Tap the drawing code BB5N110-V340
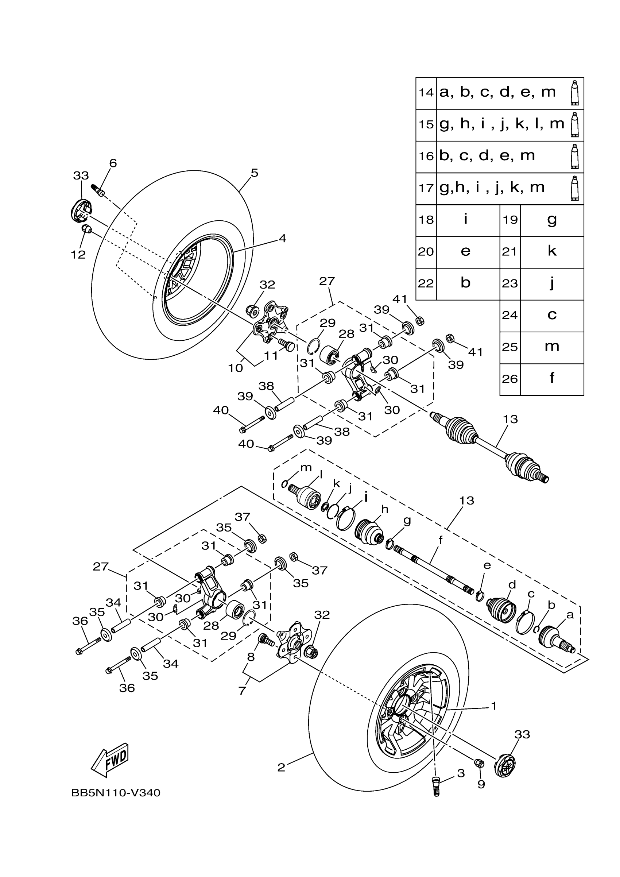coord(116,793)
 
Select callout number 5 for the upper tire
coord(255,173)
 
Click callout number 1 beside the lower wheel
coord(494,706)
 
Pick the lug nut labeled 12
coord(87,229)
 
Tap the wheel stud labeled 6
coord(98,189)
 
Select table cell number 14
coord(426,93)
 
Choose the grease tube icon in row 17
coord(574,188)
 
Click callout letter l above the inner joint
coord(321,474)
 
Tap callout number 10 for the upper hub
coord(236,368)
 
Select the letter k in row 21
coord(552,251)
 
